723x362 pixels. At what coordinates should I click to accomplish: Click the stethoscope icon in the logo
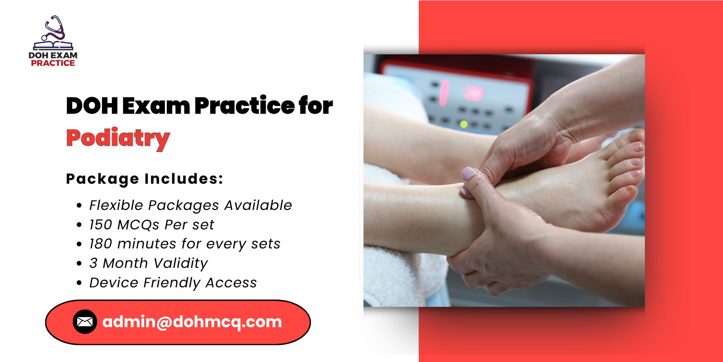[x=54, y=28]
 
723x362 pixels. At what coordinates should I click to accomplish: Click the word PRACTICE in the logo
[x=53, y=63]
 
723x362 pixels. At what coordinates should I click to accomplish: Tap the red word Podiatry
[x=118, y=138]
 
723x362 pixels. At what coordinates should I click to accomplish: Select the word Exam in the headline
[x=156, y=105]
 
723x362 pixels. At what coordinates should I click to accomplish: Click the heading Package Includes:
[x=145, y=179]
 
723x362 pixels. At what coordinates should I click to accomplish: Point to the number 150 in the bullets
[x=100, y=224]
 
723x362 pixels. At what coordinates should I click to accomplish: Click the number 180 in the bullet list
[x=100, y=244]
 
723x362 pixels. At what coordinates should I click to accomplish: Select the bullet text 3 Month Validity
[x=148, y=263]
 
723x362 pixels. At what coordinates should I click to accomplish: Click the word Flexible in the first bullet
[x=116, y=205]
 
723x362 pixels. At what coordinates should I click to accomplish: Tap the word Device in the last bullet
[x=114, y=282]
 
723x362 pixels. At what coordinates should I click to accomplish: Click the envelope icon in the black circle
[x=85, y=322]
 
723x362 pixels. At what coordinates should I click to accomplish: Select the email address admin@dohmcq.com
[x=192, y=322]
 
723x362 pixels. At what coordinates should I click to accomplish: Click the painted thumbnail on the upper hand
[x=469, y=173]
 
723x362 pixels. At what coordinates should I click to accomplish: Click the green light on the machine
[x=464, y=124]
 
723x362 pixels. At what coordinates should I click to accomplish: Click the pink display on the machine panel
[x=474, y=93]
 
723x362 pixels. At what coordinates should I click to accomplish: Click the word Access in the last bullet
[x=231, y=282]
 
